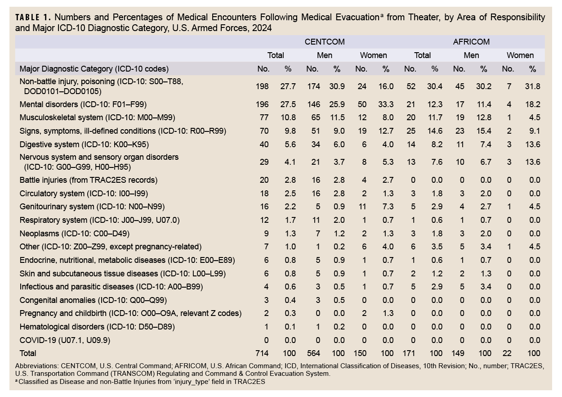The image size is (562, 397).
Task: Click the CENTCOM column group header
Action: [x=325, y=42]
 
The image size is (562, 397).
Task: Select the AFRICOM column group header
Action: [x=471, y=42]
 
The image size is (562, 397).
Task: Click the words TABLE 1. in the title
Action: [x=35, y=18]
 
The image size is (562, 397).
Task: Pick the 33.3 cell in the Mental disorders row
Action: [x=386, y=104]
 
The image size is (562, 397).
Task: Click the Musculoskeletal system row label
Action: [x=97, y=117]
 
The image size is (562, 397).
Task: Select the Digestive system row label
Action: [x=84, y=144]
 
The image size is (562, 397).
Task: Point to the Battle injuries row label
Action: [x=89, y=180]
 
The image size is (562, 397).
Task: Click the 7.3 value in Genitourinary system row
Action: [x=386, y=207]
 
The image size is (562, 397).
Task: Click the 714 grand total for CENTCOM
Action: [x=262, y=353]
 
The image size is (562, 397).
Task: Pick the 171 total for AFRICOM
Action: [x=410, y=353]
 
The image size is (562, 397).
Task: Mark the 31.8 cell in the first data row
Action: [x=533, y=86]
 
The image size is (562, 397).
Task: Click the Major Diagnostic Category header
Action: [x=94, y=69]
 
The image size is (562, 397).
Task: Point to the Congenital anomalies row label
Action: [x=94, y=300]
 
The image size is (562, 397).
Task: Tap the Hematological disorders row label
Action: [x=97, y=327]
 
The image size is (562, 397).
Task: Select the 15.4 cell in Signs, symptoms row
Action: [x=483, y=131]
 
